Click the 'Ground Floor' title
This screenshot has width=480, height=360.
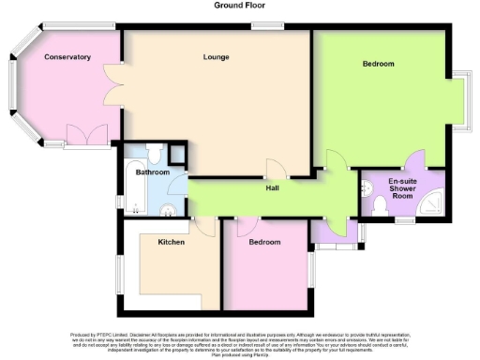click(239, 6)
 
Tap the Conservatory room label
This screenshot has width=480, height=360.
click(67, 57)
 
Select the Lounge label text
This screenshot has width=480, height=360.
click(217, 57)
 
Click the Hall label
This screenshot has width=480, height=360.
click(272, 188)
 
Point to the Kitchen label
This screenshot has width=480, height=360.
click(171, 242)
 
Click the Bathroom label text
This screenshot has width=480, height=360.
click(152, 172)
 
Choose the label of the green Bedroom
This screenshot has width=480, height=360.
click(378, 64)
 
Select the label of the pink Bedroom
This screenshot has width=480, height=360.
click(264, 242)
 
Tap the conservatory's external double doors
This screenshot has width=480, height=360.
click(83, 139)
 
